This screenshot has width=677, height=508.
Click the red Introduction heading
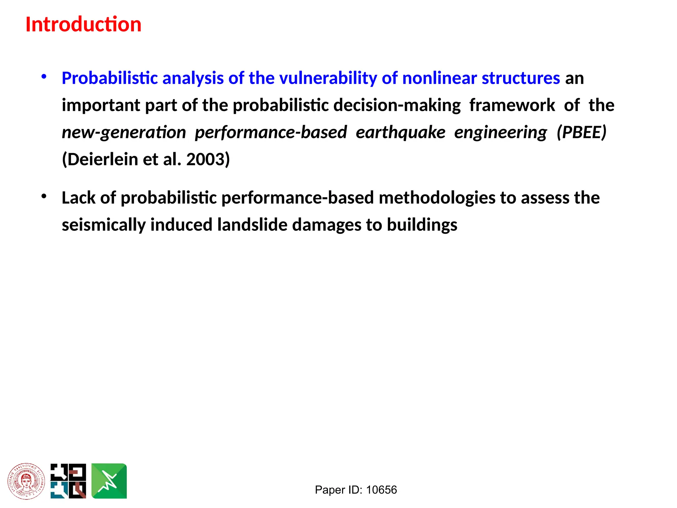pos(83,24)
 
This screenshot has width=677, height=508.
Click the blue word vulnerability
pos(328,78)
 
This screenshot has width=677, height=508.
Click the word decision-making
pos(397,106)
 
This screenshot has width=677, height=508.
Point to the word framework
pos(512,106)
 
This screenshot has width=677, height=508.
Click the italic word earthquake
pos(400,133)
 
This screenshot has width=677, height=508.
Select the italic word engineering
pos(500,133)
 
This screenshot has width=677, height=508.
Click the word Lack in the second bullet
pos(78,198)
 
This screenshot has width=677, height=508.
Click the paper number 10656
pos(381,490)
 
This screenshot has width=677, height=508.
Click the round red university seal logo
pos(26,481)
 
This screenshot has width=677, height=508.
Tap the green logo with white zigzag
pos(109,481)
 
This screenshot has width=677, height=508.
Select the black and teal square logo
pos(68,481)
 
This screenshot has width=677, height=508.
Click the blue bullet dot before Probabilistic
pos(44,77)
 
